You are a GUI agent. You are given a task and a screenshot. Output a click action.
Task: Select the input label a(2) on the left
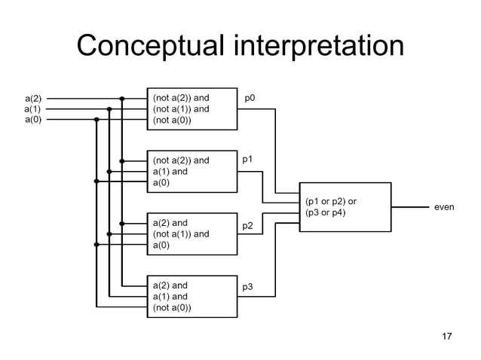tap(34, 98)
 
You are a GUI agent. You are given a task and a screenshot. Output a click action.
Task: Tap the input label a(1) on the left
tap(34, 108)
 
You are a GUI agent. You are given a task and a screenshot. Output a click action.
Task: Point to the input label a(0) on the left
tap(34, 119)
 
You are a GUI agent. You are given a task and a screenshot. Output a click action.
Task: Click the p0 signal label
tap(250, 98)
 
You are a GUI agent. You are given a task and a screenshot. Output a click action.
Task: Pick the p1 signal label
tap(247, 160)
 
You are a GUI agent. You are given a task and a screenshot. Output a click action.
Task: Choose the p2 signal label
tap(247, 225)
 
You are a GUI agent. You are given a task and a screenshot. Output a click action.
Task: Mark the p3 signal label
tap(247, 287)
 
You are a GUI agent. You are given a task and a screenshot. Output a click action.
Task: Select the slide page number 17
tap(446, 336)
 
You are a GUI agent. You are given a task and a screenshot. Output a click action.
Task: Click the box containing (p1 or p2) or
tap(345, 206)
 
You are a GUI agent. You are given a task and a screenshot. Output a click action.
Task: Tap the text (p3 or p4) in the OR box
tap(326, 212)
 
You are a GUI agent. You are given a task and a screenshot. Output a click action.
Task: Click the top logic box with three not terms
tap(191, 108)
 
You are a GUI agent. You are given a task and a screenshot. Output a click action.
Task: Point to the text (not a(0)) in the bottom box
tap(172, 307)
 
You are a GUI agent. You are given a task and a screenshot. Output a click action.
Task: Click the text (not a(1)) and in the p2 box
tap(181, 233)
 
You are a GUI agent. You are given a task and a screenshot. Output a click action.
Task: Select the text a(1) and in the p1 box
tap(170, 171)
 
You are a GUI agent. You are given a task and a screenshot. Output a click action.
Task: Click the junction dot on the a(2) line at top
tap(122, 98)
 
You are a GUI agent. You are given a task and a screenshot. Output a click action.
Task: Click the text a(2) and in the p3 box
tap(170, 285)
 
